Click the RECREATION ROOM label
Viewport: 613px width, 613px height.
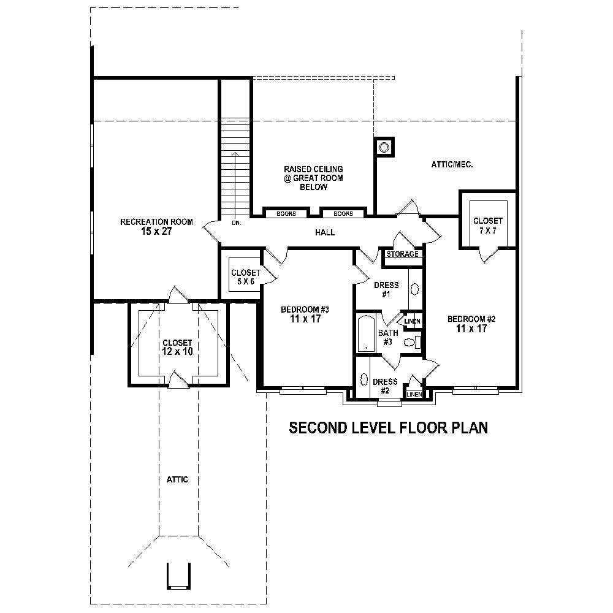[x=156, y=227]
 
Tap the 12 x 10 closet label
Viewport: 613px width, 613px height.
[x=177, y=348]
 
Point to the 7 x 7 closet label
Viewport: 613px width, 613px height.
[x=488, y=226]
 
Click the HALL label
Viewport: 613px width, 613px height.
[x=325, y=232]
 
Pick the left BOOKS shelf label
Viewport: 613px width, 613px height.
[x=286, y=214]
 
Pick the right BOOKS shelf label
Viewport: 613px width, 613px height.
[x=343, y=214]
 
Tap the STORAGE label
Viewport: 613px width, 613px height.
[x=403, y=254]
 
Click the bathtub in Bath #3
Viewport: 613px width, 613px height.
[x=366, y=333]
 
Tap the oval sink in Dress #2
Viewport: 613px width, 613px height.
[x=365, y=381]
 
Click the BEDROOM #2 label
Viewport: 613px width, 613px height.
[x=471, y=323]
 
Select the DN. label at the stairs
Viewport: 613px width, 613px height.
[x=236, y=223]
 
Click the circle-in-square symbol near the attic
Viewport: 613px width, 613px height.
[x=384, y=147]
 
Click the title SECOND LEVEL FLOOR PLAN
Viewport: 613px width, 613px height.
[x=388, y=427]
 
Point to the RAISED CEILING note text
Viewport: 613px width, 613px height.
[x=313, y=178]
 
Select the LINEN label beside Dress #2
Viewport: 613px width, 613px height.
[x=414, y=394]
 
